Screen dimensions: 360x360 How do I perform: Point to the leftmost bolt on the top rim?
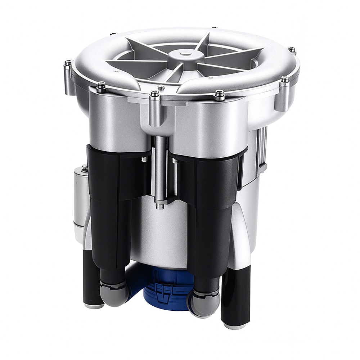(x=67, y=64)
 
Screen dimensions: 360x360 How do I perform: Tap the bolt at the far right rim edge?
(x=284, y=80)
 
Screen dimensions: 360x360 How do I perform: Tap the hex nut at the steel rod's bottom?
(x=159, y=206)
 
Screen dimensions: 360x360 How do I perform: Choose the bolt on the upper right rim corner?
(x=292, y=50)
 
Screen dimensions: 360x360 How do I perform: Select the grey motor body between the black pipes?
(x=158, y=234)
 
